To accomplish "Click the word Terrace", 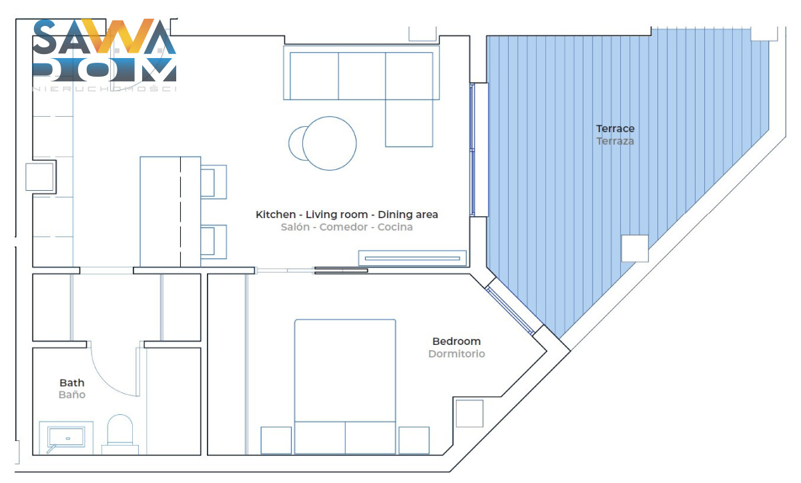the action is (x=615, y=128).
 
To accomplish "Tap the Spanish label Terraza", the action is (x=615, y=141).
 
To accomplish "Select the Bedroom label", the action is (x=457, y=342).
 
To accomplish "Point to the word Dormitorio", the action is (x=457, y=354).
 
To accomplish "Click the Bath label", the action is (x=72, y=383).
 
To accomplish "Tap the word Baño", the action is (x=72, y=395).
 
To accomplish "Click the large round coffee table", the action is (x=329, y=143).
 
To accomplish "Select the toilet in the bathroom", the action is (x=120, y=434).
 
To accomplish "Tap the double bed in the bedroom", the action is (x=345, y=387).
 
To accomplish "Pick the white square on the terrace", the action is (x=635, y=248).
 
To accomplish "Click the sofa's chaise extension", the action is (x=409, y=123).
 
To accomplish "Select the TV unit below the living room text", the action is (x=413, y=258).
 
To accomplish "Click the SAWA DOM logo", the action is (x=104, y=54).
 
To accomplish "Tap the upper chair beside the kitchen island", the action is (x=214, y=182).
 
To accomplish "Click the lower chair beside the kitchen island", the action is (x=214, y=241).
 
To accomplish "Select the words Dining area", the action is (x=408, y=215).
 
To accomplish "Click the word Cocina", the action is (x=395, y=227).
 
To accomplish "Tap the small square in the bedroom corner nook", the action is (x=469, y=413).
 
